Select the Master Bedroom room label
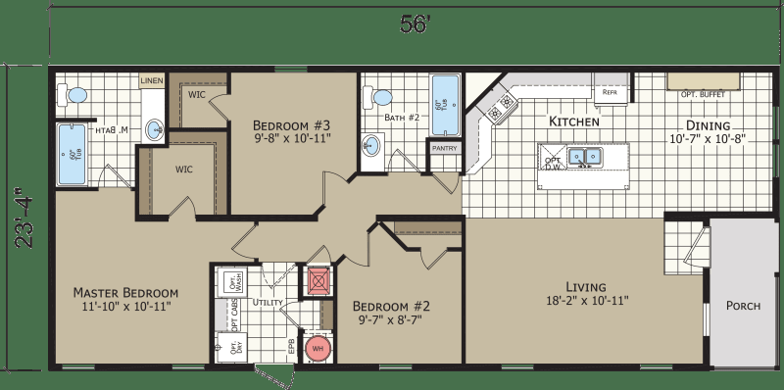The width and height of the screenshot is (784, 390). tap(126, 293)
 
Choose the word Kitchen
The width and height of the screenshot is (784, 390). tap(573, 122)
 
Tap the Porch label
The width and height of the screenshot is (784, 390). tap(743, 305)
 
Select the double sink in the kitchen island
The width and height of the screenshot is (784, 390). tap(585, 155)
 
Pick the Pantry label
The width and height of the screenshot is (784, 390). tap(442, 148)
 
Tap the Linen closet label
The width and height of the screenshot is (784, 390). tap(151, 80)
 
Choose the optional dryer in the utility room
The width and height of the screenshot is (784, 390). tap(232, 346)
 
